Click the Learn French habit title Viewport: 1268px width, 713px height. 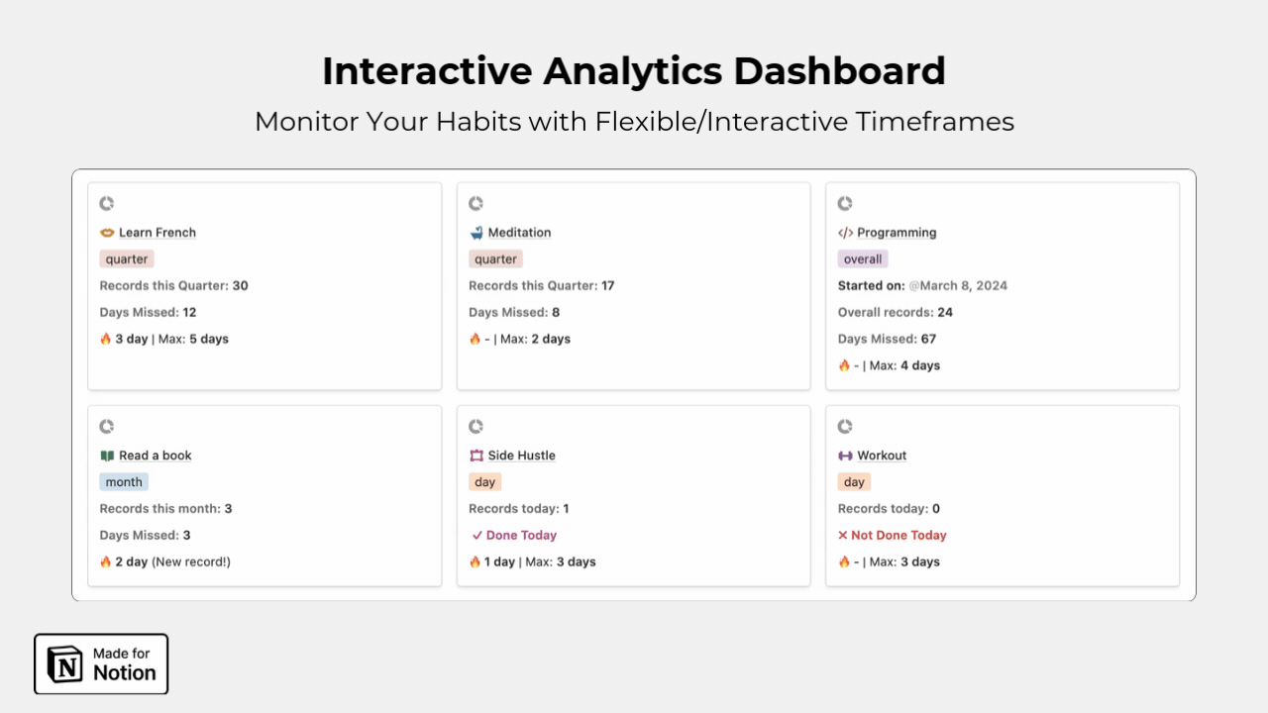pyautogui.click(x=158, y=233)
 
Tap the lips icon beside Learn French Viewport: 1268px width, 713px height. pyautogui.click(x=107, y=233)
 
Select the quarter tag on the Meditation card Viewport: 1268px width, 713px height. pyautogui.click(x=495, y=259)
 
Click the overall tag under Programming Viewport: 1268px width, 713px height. pyautogui.click(x=863, y=259)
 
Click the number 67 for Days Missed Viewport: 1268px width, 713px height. pyautogui.click(x=928, y=339)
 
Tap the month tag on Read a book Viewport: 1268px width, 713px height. pyautogui.click(x=124, y=482)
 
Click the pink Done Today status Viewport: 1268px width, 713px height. pyautogui.click(x=514, y=536)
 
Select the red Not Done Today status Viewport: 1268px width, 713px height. pyautogui.click(x=893, y=536)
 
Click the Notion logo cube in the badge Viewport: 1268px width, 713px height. pyautogui.click(x=64, y=663)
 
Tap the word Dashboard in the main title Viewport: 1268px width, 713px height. pyautogui.click(x=839, y=71)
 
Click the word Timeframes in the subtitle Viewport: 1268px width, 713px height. pyautogui.click(x=934, y=122)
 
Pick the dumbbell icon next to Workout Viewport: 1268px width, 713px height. pyautogui.click(x=845, y=456)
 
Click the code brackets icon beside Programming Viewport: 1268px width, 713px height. pyautogui.click(x=845, y=233)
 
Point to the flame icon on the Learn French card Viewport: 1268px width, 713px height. pyautogui.click(x=106, y=339)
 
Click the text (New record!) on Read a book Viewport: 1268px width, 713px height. pyautogui.click(x=191, y=561)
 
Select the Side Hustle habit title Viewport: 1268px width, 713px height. pyautogui.click(x=521, y=456)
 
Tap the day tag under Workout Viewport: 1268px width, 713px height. pyautogui.click(x=854, y=482)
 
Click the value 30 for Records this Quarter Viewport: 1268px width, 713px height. pyautogui.click(x=240, y=286)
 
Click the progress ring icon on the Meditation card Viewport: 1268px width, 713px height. pyautogui.click(x=475, y=203)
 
